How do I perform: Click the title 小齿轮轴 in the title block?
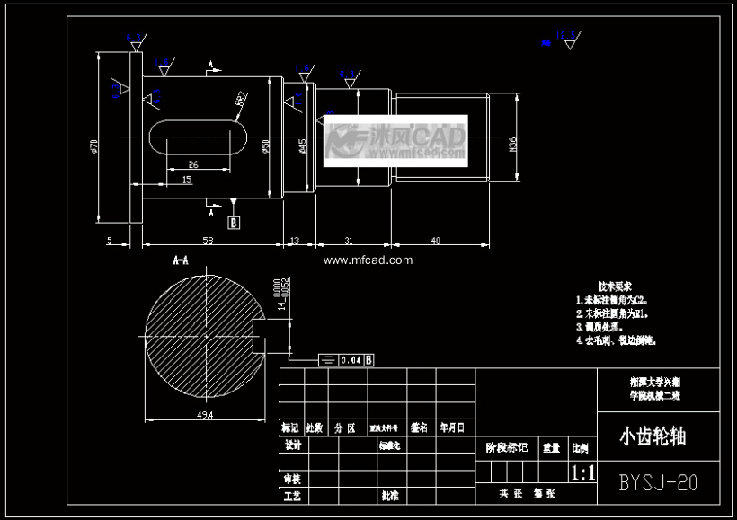coord(653,437)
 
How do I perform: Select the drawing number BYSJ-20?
coord(658,482)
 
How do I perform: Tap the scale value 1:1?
coord(582,473)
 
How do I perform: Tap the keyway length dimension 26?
coord(193,164)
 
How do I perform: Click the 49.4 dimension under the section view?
coord(204,415)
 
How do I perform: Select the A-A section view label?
coord(181,260)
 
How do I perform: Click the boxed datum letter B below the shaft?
coord(234,221)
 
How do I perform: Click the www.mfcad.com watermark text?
coord(368,260)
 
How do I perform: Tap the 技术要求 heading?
coord(615,285)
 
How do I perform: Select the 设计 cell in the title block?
coord(292,445)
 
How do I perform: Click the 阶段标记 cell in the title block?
coord(506,446)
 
